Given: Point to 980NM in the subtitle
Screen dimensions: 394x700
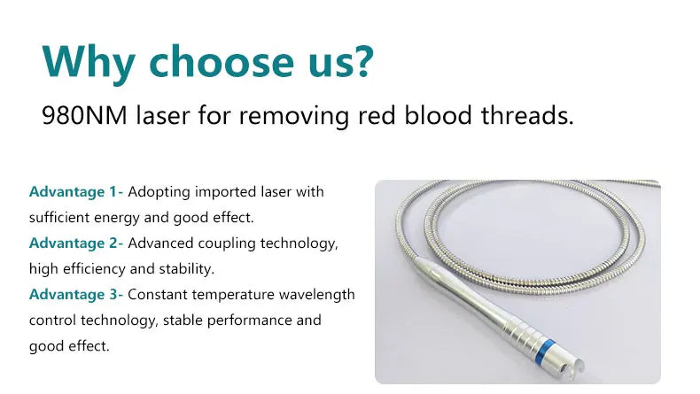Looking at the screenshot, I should [x=84, y=115].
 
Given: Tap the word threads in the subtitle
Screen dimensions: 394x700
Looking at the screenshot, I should [x=524, y=115].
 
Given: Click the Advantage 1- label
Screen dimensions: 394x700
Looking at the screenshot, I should [x=76, y=191].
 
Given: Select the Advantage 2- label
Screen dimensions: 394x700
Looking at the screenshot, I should [x=76, y=243].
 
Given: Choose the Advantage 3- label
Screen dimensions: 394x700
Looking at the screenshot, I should [x=76, y=294].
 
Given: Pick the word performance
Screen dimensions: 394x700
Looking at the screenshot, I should [x=247, y=320].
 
